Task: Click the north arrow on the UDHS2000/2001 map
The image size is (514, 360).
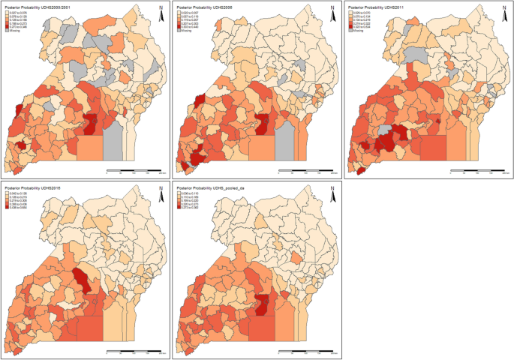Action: click(161, 10)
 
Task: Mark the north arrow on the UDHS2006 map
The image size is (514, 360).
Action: click(332, 10)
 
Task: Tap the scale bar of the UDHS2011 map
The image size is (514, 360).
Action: click(476, 172)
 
